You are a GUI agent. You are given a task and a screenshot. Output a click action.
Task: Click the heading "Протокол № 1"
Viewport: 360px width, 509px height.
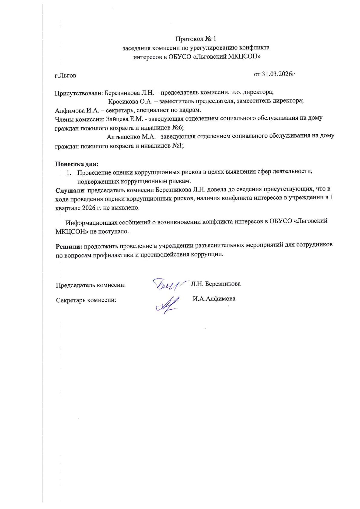point(196,39)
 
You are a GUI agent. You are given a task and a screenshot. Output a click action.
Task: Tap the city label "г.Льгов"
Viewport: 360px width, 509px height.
point(65,75)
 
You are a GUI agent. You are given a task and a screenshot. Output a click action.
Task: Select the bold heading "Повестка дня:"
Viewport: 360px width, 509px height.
point(77,164)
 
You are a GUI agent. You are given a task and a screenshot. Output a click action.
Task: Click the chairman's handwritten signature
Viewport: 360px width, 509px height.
point(166,284)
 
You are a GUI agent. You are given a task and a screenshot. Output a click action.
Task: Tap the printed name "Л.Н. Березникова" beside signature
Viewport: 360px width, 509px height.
point(215,284)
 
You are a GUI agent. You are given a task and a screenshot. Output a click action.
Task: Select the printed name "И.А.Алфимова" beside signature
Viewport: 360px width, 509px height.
point(214,299)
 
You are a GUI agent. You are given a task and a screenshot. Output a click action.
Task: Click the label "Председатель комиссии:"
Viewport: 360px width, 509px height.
point(91,285)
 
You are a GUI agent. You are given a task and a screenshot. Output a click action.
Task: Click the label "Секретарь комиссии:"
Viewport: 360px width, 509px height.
point(86,300)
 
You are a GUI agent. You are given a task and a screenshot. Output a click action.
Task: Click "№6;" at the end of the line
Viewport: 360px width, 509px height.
point(177,128)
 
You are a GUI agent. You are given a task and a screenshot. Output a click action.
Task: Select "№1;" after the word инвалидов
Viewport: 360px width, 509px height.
point(177,146)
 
